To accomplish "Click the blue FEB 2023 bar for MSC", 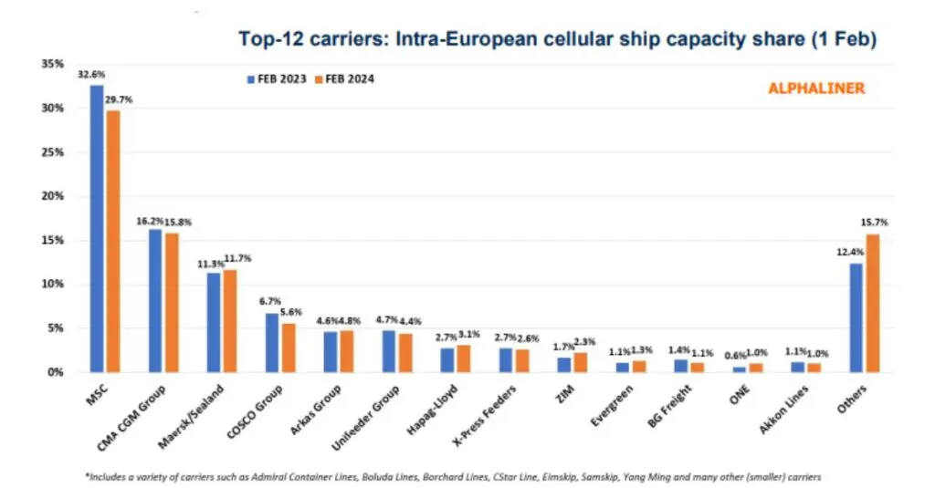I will coord(97,228).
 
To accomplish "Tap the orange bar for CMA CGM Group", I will coord(171,302).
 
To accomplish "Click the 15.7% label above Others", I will coord(874,223).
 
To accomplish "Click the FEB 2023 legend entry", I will coord(277,79).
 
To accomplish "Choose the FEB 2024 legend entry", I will coord(344,79).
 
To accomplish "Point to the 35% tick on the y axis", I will coord(51,64).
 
